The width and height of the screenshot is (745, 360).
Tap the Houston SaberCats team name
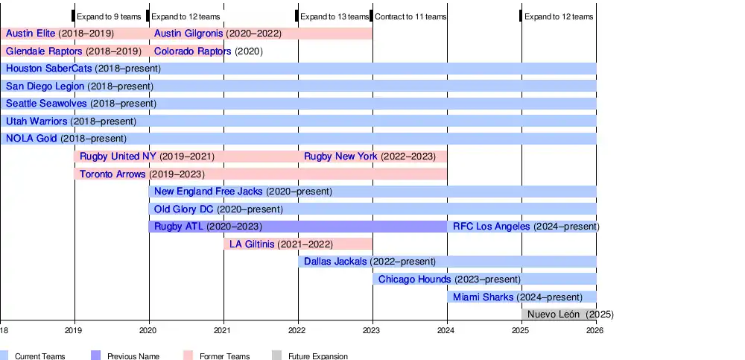coord(48,69)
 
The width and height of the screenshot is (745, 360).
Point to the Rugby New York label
coord(340,157)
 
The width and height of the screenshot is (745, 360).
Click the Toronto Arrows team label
coord(112,174)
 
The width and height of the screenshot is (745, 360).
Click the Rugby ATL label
coord(178,227)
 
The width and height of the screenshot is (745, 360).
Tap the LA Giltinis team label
coord(252,244)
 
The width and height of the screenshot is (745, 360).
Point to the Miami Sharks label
coord(483,297)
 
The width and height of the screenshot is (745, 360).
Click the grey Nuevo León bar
coord(559,315)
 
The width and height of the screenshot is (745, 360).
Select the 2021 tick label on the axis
coord(223,329)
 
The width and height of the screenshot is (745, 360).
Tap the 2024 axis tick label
coord(446,329)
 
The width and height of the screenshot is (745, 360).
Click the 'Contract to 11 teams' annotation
coord(410,16)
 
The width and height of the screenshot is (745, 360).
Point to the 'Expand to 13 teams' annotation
coord(335,16)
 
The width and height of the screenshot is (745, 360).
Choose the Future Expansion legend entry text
coord(319,356)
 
